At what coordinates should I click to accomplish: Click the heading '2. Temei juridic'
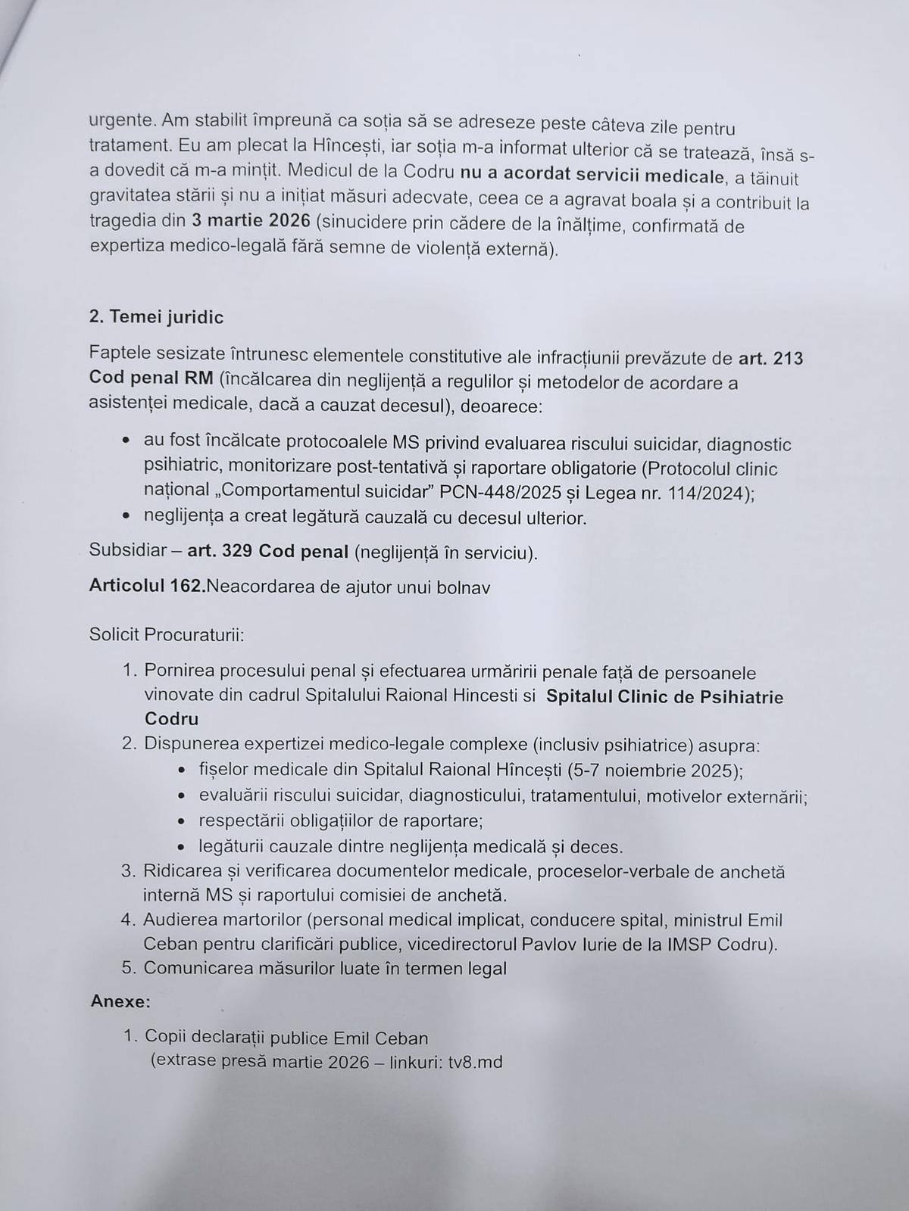point(156,317)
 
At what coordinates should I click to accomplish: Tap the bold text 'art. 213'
point(770,357)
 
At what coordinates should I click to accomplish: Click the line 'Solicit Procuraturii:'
point(167,634)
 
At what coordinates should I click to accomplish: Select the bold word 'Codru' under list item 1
point(171,720)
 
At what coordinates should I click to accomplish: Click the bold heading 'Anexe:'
point(120,1001)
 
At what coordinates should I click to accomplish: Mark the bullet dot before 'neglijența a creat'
point(127,518)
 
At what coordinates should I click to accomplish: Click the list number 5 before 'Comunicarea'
point(128,968)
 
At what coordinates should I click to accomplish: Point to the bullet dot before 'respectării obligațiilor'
point(182,822)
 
